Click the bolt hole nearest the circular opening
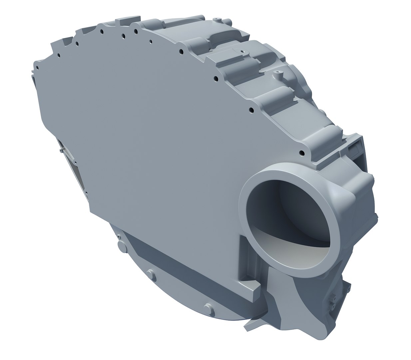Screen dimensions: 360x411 pyautogui.click(x=302, y=153)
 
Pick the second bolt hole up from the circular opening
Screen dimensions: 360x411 pyautogui.click(x=252, y=110)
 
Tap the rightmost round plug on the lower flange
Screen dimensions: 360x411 pyautogui.click(x=208, y=309)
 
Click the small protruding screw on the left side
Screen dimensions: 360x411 pyautogui.click(x=60, y=150)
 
